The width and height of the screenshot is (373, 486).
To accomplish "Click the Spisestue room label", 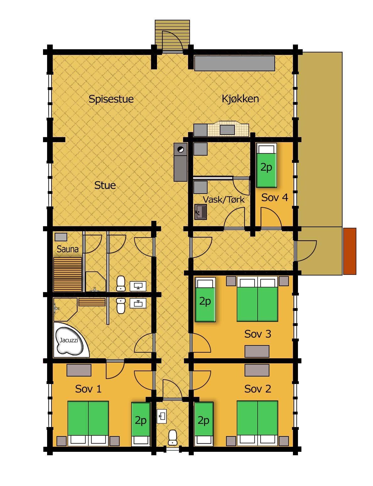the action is click(x=111, y=99).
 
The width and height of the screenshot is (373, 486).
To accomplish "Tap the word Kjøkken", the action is click(x=240, y=99).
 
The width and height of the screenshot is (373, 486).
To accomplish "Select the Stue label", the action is click(x=105, y=185).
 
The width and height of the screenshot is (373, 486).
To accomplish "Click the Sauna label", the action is click(x=68, y=249).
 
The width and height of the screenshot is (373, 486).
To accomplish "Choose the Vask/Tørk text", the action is click(x=224, y=200).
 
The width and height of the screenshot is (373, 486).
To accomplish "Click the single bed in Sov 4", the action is click(x=266, y=165).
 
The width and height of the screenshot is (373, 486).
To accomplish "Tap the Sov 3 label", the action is click(x=257, y=334).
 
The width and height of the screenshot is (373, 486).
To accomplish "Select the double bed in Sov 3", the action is click(x=257, y=299).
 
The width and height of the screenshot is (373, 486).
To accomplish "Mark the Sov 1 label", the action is click(x=88, y=389).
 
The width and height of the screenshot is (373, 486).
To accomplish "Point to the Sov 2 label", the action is click(x=257, y=389).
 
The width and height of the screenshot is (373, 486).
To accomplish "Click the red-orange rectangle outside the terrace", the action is click(x=349, y=251).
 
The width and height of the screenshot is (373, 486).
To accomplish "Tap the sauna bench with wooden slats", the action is click(x=68, y=275).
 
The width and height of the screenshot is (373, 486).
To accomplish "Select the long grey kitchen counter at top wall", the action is click(x=235, y=63).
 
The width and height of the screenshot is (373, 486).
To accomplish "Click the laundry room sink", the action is click(x=201, y=212).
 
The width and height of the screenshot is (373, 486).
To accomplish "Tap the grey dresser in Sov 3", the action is click(x=257, y=351).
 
